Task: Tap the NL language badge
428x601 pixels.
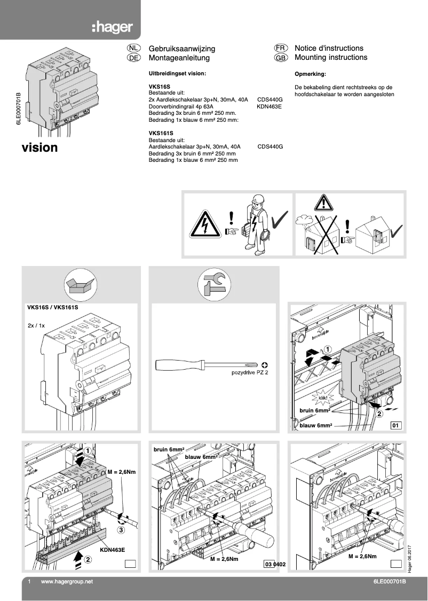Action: [133, 48]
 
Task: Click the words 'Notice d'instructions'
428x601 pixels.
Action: [329, 48]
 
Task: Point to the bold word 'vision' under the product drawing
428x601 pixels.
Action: [39, 147]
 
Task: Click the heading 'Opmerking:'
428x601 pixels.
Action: [310, 74]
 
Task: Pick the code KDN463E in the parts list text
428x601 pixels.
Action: [269, 106]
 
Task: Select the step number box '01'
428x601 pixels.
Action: [396, 426]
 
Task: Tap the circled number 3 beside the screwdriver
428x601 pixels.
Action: [121, 530]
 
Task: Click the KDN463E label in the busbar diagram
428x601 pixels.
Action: [113, 549]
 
